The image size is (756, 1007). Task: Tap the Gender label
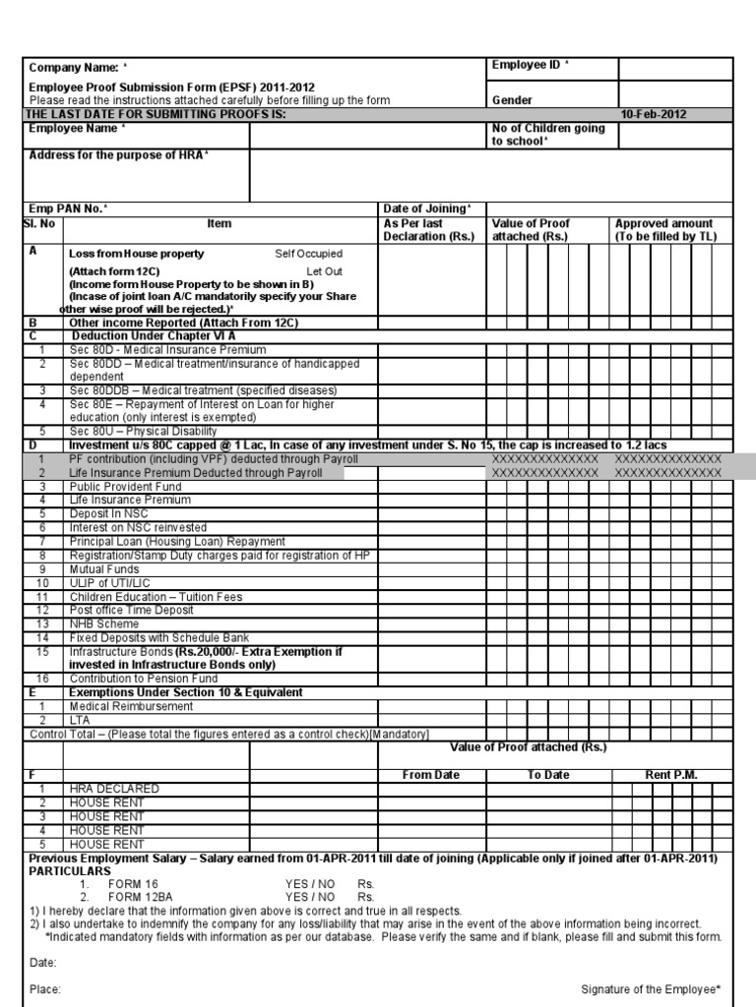[512, 100]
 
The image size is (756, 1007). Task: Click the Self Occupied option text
[308, 254]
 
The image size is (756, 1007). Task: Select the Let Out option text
[324, 270]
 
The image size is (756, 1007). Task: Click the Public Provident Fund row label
[125, 487]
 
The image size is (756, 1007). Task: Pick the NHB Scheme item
[103, 624]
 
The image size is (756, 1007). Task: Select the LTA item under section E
[80, 721]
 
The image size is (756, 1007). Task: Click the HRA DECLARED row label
[113, 789]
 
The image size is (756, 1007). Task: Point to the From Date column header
[431, 775]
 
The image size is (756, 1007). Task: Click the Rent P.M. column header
[671, 775]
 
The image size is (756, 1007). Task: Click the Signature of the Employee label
[651, 989]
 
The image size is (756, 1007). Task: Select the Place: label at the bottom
[45, 989]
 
